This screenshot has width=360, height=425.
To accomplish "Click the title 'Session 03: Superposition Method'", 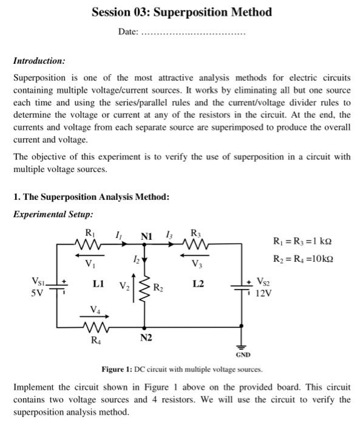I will point(182,12).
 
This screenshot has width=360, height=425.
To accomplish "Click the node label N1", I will point(146,236).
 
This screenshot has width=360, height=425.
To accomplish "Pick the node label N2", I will point(146,337).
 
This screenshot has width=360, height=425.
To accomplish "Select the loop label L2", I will point(197,284).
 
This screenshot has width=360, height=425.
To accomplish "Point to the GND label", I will point(242,355).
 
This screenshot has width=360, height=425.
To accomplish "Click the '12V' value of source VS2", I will point(263,293).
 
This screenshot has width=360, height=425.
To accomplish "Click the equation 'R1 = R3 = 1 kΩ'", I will point(302,242).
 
